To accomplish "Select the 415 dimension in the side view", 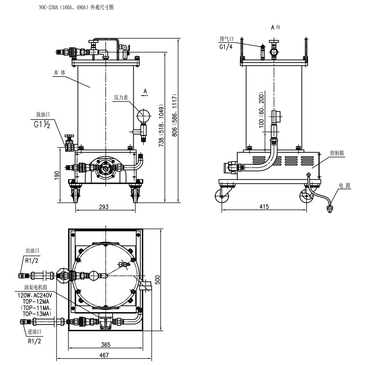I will click(264, 207).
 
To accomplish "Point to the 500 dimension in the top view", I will click(158, 279).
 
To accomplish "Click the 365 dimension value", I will click(105, 345).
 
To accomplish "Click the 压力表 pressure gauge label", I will click(121, 98).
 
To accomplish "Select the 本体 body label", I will click(59, 73).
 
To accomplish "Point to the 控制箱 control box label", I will click(337, 153).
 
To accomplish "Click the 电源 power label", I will click(344, 185).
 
